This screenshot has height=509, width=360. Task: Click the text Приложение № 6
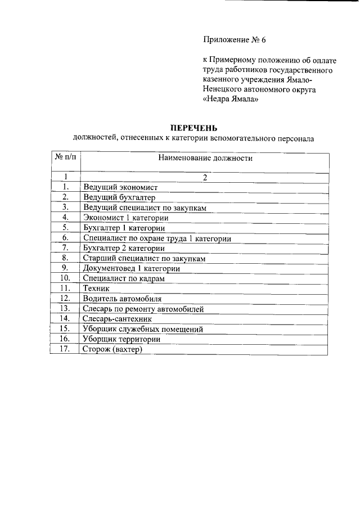[x=233, y=40]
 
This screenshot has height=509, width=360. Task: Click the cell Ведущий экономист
[x=120, y=187]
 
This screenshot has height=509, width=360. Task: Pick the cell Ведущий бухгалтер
[x=119, y=197]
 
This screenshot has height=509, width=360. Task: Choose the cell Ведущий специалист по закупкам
[x=145, y=208]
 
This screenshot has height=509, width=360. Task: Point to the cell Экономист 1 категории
[x=125, y=218]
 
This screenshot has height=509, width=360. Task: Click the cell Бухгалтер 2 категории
[x=124, y=248]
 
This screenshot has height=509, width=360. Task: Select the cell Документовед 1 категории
[x=131, y=268]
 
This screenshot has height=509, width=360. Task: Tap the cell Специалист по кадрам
[x=124, y=278]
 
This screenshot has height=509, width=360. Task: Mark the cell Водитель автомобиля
[x=122, y=299]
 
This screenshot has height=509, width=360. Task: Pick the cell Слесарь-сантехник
[x=118, y=319]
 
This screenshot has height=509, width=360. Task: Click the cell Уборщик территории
[x=121, y=339]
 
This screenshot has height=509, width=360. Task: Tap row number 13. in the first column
[x=65, y=309]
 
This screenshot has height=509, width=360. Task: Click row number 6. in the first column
[x=65, y=238]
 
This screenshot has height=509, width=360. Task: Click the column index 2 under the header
[x=205, y=178]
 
